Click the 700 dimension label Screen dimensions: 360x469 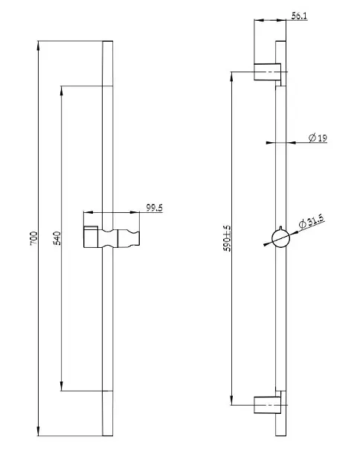(x=33, y=238)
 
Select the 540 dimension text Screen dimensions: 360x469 (x=57, y=238)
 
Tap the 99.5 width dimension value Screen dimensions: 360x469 (x=154, y=208)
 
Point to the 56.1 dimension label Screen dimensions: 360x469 (x=299, y=16)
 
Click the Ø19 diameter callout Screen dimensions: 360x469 (x=318, y=138)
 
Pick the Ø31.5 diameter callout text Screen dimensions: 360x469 (x=312, y=222)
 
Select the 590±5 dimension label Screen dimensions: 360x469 (x=228, y=238)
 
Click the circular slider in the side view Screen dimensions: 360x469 (x=280, y=239)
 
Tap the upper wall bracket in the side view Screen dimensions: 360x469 (x=267, y=71)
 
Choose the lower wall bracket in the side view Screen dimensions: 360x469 (x=267, y=405)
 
